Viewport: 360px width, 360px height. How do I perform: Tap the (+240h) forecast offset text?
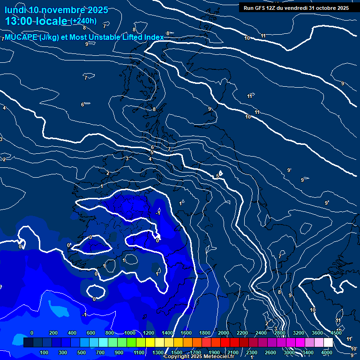point(83,21)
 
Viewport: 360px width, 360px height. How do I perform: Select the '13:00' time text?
point(18,21)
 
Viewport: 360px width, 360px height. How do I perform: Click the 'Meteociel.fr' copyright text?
point(225,357)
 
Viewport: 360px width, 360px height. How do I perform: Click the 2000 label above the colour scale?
point(224,333)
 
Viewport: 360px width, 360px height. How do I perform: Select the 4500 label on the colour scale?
point(335,333)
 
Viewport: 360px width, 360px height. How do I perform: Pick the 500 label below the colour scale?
point(82,352)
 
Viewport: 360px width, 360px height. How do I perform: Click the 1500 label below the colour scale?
point(177,352)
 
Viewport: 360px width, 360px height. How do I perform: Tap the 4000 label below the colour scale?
point(327,352)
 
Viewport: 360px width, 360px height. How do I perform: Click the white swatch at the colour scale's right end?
point(328,343)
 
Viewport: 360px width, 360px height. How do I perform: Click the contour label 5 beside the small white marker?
point(217,176)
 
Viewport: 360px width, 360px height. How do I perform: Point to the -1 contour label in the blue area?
point(158,213)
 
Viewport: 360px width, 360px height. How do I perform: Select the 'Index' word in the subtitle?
point(154,37)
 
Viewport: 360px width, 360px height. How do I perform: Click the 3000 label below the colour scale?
point(289,352)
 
